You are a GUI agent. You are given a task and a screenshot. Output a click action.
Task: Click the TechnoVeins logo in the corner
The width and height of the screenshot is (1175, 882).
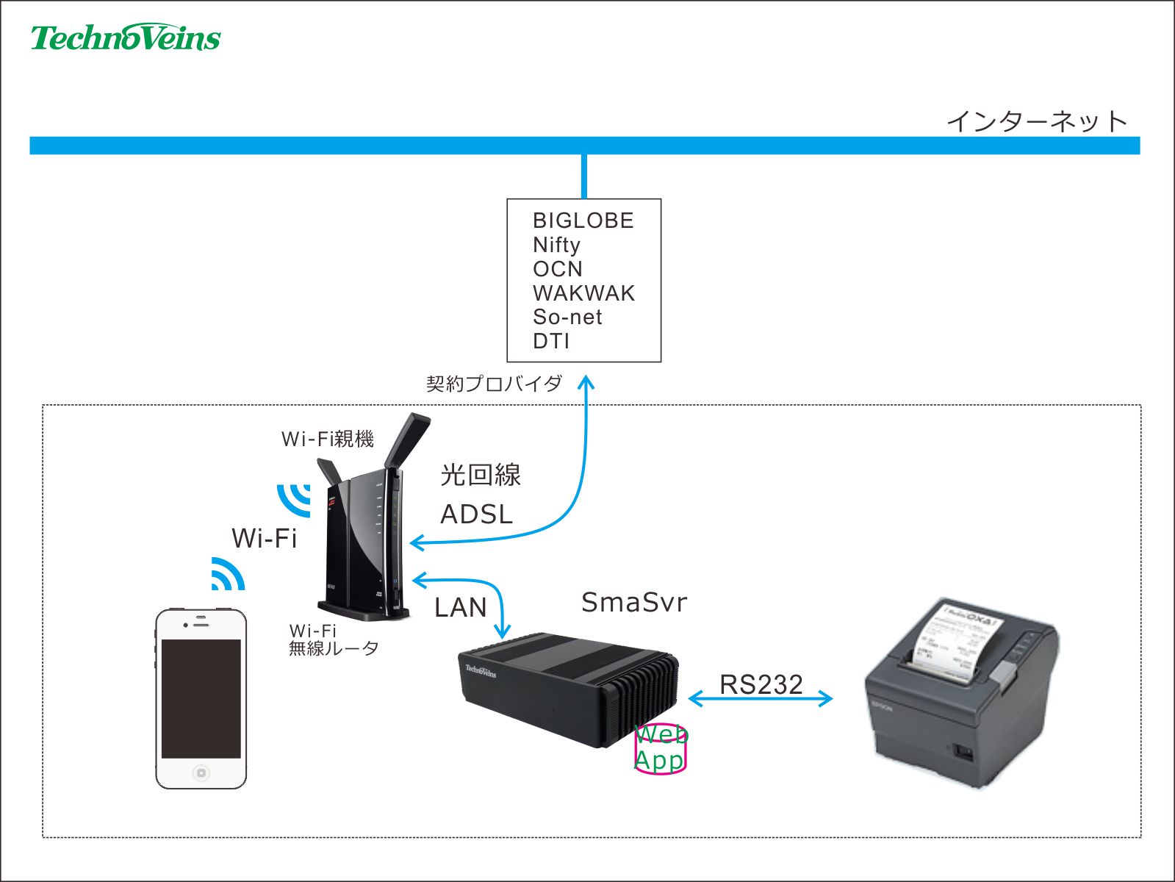[125, 37]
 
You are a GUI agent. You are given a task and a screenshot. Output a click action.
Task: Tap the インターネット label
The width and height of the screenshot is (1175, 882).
[1036, 121]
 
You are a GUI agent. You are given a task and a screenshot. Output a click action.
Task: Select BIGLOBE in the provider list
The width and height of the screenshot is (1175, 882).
[583, 220]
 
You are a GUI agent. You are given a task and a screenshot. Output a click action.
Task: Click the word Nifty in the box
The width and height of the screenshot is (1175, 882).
[556, 245]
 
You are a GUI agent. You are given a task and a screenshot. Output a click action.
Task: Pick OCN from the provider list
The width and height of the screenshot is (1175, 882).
[557, 269]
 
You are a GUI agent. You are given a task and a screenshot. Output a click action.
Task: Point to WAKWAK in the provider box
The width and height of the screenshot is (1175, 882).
[583, 293]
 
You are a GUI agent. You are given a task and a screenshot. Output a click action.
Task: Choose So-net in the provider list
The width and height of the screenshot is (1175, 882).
[567, 318]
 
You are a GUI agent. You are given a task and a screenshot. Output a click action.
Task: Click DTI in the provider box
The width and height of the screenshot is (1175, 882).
[551, 342]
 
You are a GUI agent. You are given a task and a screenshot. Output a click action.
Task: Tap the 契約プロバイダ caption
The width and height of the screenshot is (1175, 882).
[494, 384]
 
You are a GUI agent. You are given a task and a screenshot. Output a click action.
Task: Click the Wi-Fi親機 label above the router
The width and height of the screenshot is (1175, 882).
[328, 440]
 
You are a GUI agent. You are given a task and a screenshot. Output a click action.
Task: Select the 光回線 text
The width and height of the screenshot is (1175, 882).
[481, 476]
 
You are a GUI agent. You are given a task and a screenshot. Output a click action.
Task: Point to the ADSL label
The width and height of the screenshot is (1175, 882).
[476, 514]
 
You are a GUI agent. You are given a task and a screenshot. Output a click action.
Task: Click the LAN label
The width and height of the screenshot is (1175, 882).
[461, 608]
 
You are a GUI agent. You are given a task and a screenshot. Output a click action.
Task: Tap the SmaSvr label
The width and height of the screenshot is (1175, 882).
[634, 603]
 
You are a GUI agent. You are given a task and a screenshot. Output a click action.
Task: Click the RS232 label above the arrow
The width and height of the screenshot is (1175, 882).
[761, 684]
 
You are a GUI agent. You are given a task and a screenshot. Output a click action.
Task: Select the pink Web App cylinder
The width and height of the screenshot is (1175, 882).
[660, 750]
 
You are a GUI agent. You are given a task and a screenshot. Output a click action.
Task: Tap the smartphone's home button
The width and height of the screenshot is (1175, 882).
[201, 772]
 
